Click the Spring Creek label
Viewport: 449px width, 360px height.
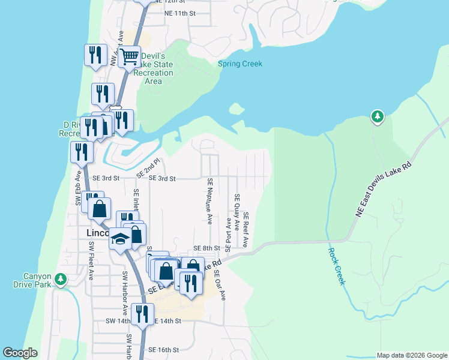pyautogui.click(x=240, y=64)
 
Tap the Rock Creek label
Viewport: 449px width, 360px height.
pyautogui.click(x=337, y=266)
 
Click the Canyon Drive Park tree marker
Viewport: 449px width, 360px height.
pyautogui.click(x=60, y=279)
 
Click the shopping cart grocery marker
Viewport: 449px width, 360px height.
pyautogui.click(x=129, y=57)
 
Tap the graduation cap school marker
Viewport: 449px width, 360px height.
pyautogui.click(x=120, y=239)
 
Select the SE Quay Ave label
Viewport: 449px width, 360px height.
pyautogui.click(x=237, y=213)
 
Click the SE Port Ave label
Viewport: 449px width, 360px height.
pyautogui.click(x=228, y=231)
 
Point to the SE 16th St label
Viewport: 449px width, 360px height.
pyautogui.click(x=164, y=350)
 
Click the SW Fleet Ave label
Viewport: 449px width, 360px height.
pyautogui.click(x=91, y=261)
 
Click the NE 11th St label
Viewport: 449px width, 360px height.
pyautogui.click(x=179, y=13)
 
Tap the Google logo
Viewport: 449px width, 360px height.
pyautogui.click(x=20, y=353)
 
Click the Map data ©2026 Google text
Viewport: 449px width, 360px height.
pyautogui.click(x=411, y=355)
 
